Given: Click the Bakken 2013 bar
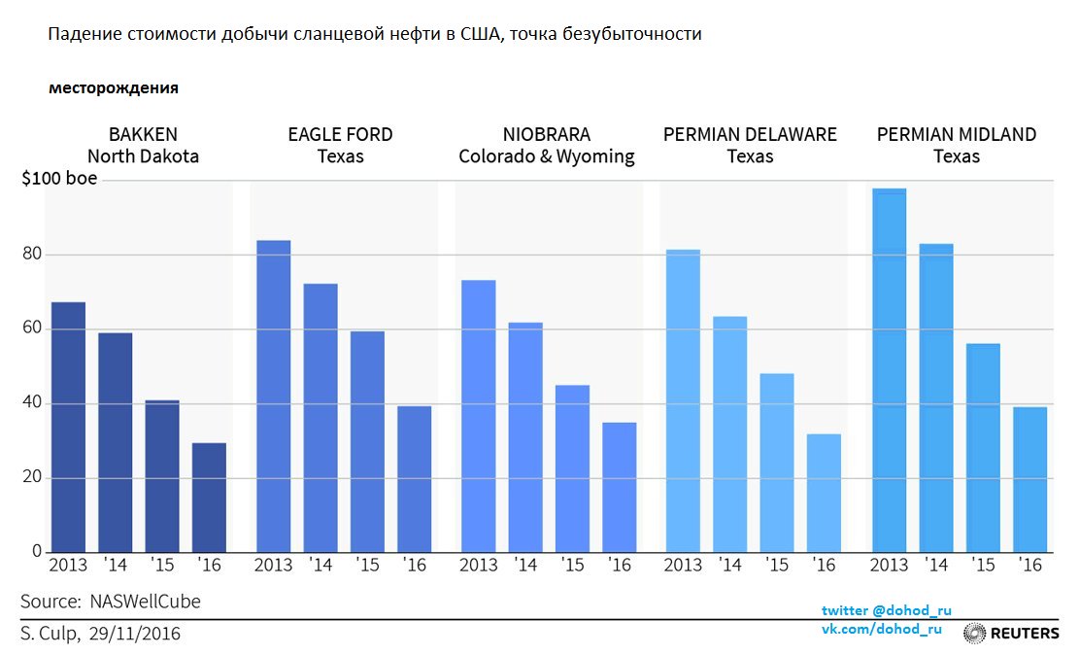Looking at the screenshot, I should pos(68,428).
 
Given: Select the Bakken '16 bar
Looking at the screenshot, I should pos(209,498).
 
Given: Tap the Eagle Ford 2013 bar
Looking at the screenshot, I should pos(273,396).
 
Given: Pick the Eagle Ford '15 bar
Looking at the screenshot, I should pos(367,442).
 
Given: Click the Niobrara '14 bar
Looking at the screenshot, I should pos(525,437).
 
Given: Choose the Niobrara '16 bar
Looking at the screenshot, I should pos(619,487).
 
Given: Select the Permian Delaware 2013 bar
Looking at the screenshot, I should pos(683,401).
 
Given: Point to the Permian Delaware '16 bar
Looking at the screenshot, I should pos(824,493).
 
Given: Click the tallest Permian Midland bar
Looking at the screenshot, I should pos(889,370).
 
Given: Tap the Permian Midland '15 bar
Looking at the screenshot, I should pos(983,448).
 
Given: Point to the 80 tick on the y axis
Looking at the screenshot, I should pos(33,255).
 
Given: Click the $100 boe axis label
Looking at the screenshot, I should pos(59,180).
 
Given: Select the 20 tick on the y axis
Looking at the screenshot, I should pos(33,478).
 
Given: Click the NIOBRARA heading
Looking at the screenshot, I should pos(546,135).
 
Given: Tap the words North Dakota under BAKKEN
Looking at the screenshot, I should pos(143,156).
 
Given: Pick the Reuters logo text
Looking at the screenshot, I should pos(1025,634).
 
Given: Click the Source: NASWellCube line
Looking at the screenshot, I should pos(111,602).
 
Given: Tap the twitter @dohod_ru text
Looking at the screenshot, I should pos(886,610).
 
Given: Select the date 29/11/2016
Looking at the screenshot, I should pos(134,634).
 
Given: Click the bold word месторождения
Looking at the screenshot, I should pos(114,88).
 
